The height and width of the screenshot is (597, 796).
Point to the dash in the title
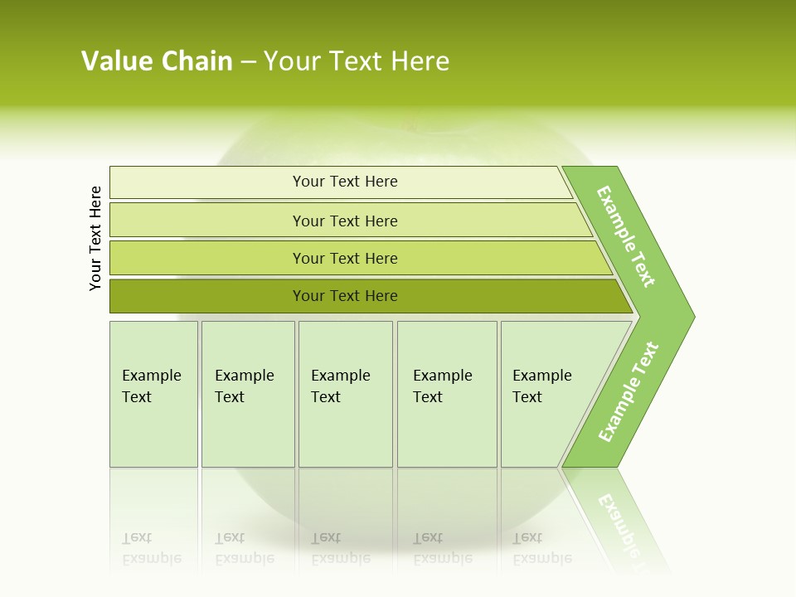click(248, 61)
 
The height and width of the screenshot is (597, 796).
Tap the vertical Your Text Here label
click(95, 238)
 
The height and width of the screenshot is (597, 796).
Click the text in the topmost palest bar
click(345, 182)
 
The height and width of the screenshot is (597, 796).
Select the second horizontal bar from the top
click(345, 221)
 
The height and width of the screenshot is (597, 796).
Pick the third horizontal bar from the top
click(345, 258)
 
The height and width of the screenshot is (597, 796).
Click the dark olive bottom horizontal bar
click(345, 296)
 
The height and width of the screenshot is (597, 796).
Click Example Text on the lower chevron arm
click(629, 391)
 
